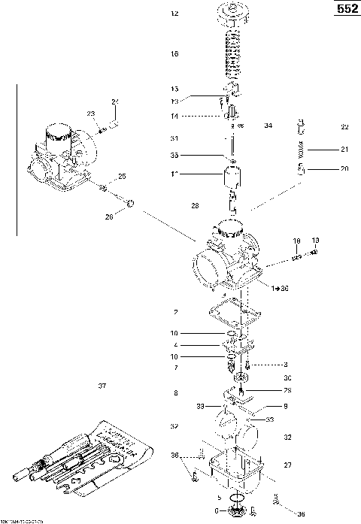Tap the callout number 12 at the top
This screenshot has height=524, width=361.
click(x=174, y=14)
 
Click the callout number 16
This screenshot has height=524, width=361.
click(x=174, y=54)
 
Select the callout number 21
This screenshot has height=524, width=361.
click(x=344, y=148)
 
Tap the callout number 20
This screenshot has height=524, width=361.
click(x=344, y=169)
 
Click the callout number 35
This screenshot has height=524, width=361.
click(x=174, y=156)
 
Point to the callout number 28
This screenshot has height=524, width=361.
click(x=196, y=205)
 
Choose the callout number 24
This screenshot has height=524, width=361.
click(x=115, y=101)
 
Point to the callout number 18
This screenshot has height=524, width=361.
click(x=296, y=241)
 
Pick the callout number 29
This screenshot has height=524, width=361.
click(x=287, y=390)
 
